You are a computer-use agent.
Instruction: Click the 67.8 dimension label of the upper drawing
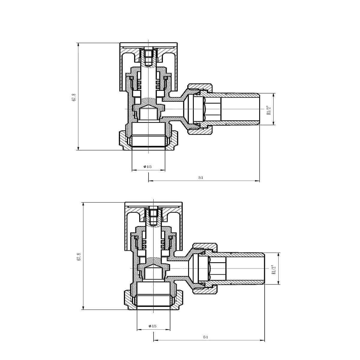click(74, 97)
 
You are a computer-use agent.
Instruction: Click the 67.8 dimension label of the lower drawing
click(79, 257)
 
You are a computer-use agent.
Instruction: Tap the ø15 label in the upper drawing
click(148, 167)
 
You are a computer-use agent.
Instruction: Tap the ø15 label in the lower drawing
click(152, 326)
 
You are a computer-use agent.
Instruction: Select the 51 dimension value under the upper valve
click(201, 178)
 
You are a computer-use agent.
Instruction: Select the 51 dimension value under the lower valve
click(205, 337)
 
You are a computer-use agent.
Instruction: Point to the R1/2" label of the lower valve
click(273, 269)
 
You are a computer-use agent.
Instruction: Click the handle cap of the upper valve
click(148, 45)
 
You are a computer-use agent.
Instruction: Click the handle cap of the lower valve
click(153, 205)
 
